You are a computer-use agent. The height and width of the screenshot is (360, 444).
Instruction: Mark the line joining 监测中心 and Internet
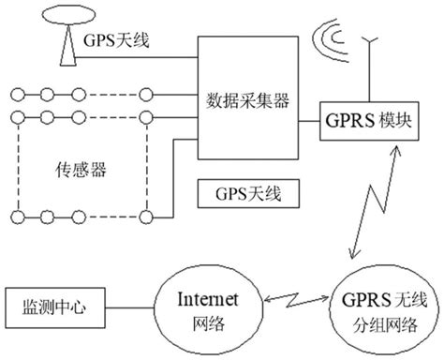130,307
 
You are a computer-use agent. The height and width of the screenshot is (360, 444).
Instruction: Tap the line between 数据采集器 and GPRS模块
309,122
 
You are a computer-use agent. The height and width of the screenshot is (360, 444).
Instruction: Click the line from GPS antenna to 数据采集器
141,61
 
